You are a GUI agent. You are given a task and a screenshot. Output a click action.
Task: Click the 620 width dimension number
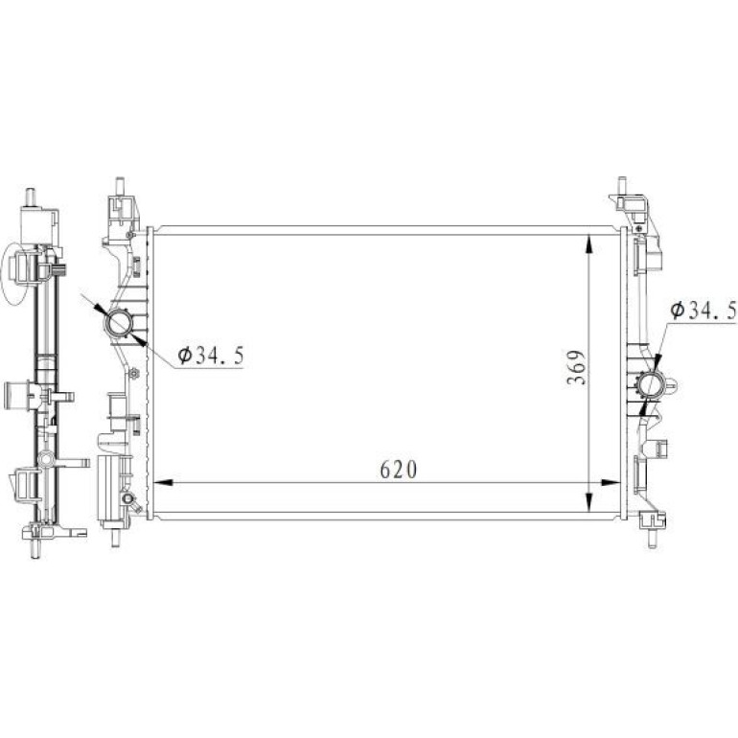pos(398,470)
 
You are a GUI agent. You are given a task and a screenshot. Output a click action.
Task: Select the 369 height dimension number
pos(577,367)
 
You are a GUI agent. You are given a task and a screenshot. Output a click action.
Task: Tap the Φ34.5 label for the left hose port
pos(211,356)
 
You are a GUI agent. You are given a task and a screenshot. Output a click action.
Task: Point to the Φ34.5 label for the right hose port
pos(703,311)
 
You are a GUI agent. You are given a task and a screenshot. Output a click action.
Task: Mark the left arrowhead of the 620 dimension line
pos(163,482)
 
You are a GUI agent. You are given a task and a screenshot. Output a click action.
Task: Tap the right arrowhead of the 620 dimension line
pos(611,482)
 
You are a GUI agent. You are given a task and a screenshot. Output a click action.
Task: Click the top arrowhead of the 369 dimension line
pos(588,244)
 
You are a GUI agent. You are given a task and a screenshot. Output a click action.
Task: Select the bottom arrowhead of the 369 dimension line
pos(588,501)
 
